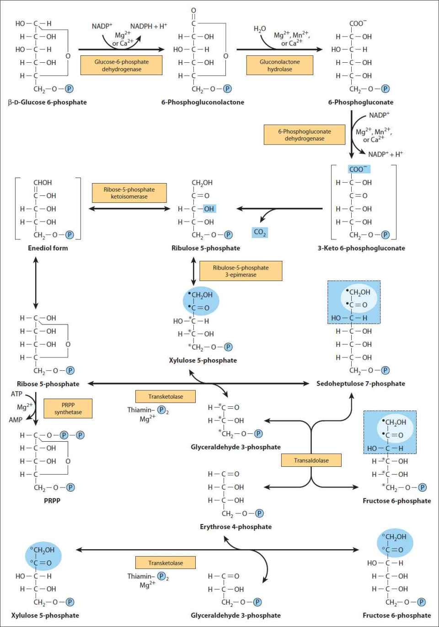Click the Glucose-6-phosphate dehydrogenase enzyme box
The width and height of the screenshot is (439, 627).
click(121, 65)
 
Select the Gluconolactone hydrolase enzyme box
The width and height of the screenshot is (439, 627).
click(279, 65)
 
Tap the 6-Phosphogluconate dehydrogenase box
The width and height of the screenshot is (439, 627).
click(305, 135)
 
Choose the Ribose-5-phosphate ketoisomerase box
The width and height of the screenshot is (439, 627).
click(129, 193)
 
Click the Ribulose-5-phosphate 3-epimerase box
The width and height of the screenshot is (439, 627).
click(241, 271)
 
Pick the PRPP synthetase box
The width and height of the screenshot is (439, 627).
click(68, 408)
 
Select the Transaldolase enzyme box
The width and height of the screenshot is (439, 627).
click(311, 460)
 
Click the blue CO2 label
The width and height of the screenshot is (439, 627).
click(260, 232)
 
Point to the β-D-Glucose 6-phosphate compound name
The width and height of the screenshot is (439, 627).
click(47, 102)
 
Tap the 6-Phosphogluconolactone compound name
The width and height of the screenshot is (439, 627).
click(203, 102)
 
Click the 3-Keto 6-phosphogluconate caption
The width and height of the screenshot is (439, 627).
click(361, 248)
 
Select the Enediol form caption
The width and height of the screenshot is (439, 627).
click(48, 248)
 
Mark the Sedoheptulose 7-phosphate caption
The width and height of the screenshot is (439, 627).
click(361, 384)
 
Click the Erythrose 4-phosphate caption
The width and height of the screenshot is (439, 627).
click(236, 527)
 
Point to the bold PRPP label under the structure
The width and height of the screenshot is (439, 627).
click(52, 501)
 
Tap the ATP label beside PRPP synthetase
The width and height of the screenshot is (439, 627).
click(16, 394)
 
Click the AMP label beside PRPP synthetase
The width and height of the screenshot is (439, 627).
click(16, 420)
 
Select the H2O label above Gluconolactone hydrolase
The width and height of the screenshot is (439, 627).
click(260, 29)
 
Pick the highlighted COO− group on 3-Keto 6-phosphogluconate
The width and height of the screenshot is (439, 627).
click(359, 169)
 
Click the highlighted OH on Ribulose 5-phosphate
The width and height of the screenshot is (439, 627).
click(209, 209)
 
